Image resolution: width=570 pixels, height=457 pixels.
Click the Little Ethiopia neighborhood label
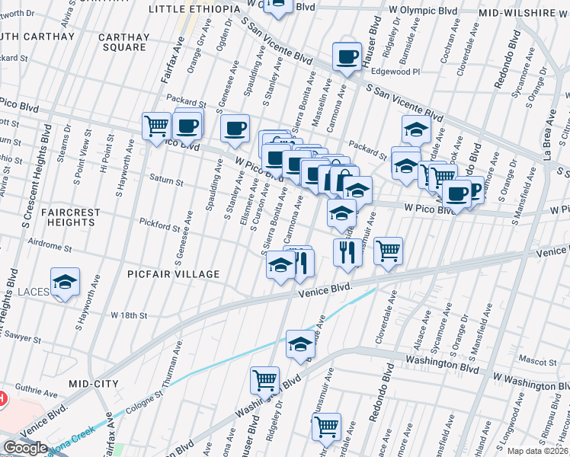(x=188, y=9)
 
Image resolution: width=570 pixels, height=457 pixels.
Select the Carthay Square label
(x=123, y=42)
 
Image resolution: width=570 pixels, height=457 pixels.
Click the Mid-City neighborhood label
(x=91, y=384)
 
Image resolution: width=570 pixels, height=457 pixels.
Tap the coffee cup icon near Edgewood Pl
(x=347, y=56)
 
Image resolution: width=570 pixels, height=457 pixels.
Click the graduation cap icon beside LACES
(x=66, y=283)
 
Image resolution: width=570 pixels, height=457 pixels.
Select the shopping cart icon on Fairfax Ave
(x=156, y=124)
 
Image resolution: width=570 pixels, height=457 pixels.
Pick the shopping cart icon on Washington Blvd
(x=264, y=379)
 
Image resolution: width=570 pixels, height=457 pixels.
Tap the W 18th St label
(x=128, y=315)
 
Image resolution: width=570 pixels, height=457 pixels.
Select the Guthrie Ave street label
(x=34, y=395)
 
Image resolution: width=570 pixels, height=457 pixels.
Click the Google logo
(x=25, y=448)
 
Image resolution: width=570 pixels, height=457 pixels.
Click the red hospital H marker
(x=2, y=398)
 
